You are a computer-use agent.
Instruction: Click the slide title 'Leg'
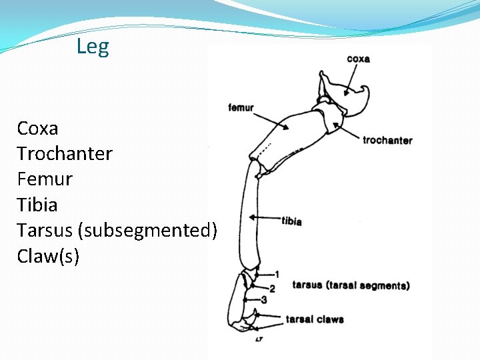[93, 47]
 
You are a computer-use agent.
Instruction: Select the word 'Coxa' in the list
[38, 128]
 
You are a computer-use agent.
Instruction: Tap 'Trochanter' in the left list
[65, 153]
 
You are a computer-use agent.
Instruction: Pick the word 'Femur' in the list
[45, 179]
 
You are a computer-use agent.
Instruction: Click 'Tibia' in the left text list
[37, 205]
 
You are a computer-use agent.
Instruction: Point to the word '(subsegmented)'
[147, 231]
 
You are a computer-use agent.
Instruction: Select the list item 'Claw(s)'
[48, 256]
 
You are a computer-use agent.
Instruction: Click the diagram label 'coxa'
[358, 59]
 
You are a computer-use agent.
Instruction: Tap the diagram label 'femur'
[241, 108]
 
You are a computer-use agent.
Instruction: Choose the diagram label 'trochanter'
[387, 140]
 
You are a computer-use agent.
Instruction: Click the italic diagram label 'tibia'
[291, 221]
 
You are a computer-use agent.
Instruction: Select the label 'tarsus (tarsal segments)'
[351, 285]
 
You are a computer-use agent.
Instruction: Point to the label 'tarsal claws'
[315, 319]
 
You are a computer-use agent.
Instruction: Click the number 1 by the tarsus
[277, 274]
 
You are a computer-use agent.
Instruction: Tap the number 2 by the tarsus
[271, 287]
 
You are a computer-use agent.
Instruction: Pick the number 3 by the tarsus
[264, 300]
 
